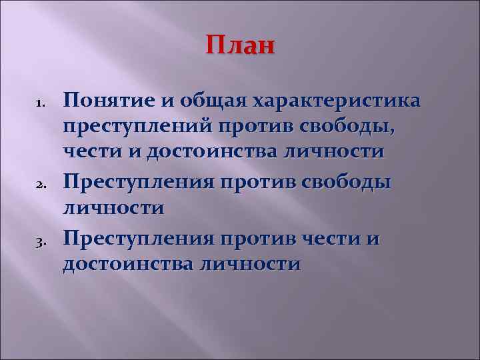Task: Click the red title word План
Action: pyautogui.click(x=239, y=47)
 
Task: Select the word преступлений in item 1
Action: pyautogui.click(x=137, y=127)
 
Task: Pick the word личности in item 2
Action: pyautogui.click(x=113, y=206)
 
